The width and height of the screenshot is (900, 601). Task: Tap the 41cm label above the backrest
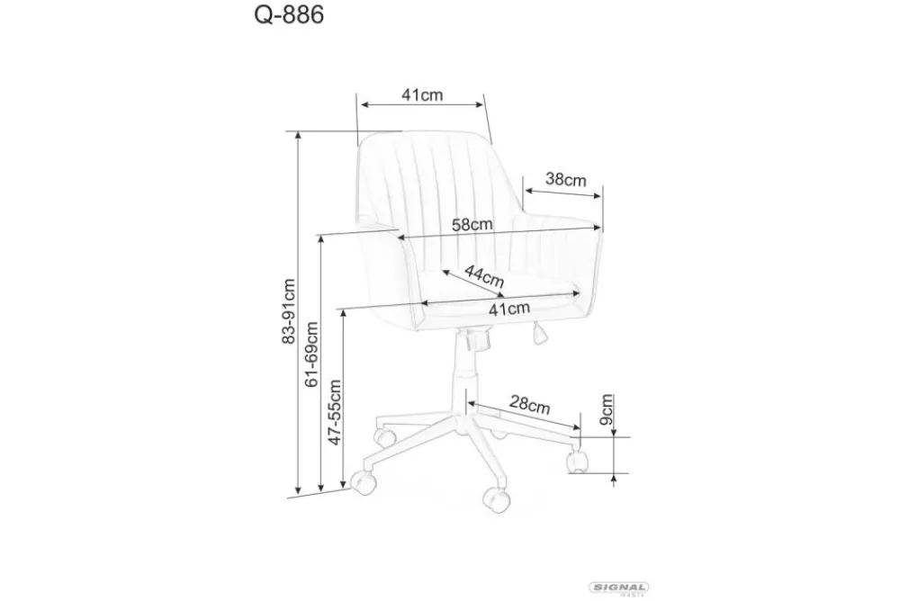point(421,95)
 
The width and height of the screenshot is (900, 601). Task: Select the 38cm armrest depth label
point(566,179)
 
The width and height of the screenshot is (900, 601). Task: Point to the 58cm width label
point(472,225)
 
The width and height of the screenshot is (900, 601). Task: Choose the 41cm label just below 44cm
point(508,309)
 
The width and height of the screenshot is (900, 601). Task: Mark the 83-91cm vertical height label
point(289,310)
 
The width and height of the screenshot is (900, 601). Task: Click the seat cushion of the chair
point(499,292)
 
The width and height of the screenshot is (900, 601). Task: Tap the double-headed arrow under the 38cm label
point(563,192)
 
